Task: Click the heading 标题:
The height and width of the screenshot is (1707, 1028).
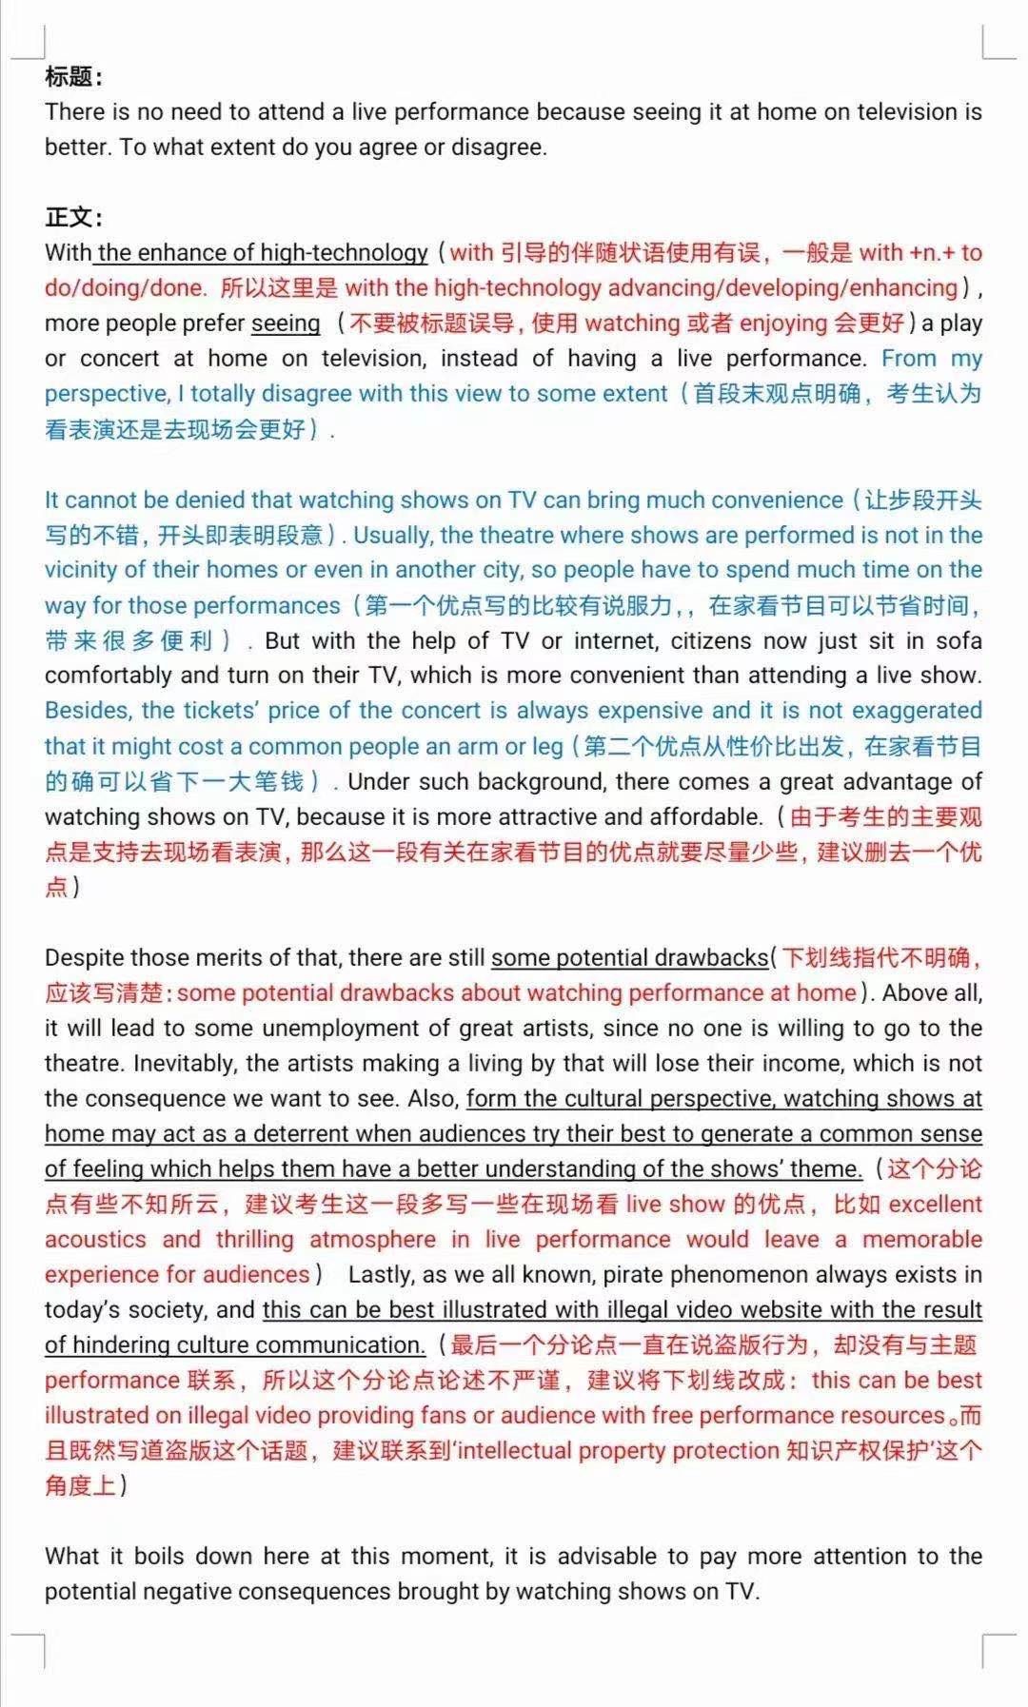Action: coord(73,77)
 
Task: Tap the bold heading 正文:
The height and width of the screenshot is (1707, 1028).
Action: coord(73,218)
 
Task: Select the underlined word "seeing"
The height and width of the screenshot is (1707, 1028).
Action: coord(286,324)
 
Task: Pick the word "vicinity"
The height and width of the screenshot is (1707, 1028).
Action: coord(81,570)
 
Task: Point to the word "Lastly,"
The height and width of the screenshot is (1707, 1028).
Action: coord(381,1275)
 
